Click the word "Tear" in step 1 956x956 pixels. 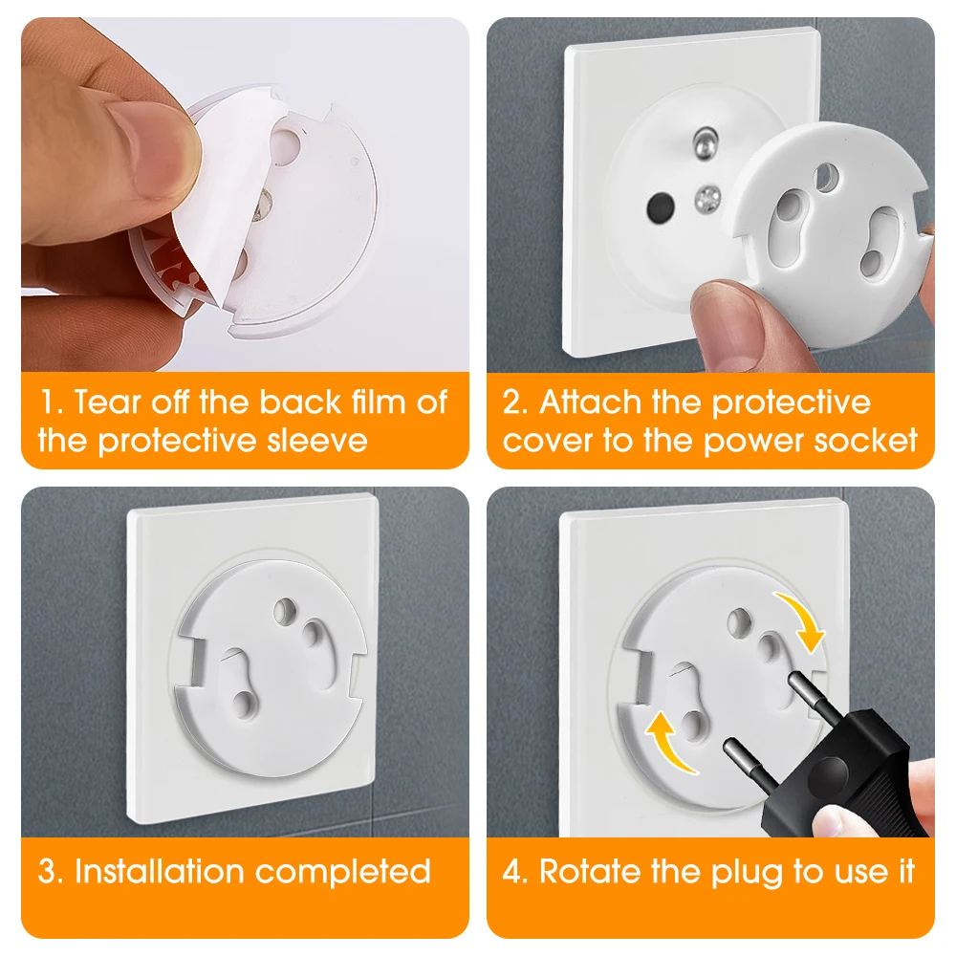click(x=107, y=402)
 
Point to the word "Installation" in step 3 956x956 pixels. click(x=159, y=871)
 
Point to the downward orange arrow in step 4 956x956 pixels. click(x=802, y=617)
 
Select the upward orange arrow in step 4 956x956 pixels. click(x=667, y=745)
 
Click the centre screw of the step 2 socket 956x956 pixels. click(x=707, y=198)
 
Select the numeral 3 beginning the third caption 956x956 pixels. click(x=48, y=871)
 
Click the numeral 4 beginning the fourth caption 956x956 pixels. click(x=512, y=871)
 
